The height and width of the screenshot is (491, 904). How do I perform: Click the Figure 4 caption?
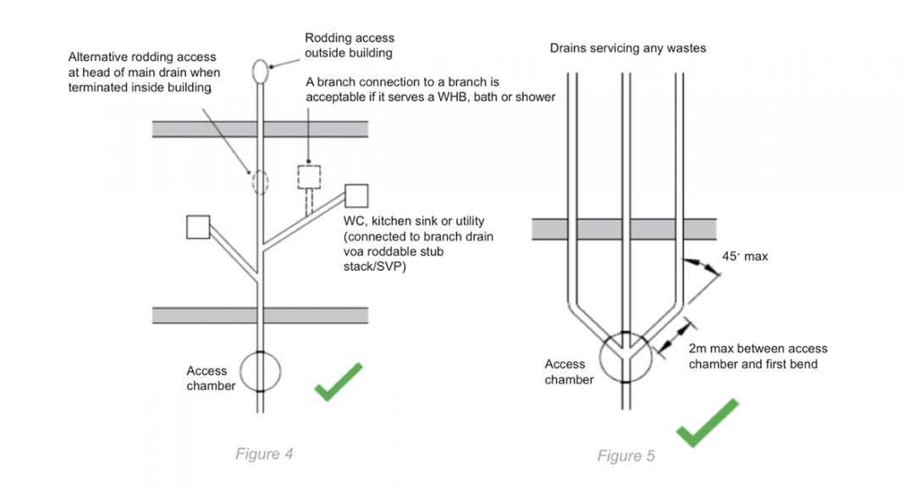pos(264,455)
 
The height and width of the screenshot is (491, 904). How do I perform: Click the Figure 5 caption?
pos(626,456)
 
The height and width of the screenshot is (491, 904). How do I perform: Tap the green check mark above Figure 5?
pos(707,423)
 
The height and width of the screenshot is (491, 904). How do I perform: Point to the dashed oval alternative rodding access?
pos(259,180)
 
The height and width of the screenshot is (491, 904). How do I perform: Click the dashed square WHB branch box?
pos(309,177)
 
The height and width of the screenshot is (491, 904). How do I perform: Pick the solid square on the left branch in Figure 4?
pos(198,227)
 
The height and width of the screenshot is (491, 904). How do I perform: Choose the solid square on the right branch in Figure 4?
pos(356,196)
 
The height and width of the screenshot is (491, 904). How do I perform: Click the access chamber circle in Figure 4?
pos(260,372)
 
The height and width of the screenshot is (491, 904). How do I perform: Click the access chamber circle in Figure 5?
pos(625,356)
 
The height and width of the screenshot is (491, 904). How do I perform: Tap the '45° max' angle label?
pos(745,257)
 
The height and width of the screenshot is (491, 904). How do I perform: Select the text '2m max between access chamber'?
pos(758,349)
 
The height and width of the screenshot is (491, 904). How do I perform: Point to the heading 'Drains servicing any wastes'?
pos(627,48)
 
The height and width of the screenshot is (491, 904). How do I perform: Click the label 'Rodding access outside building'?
pos(350,45)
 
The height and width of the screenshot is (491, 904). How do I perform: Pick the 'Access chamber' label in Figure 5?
pos(569,372)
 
